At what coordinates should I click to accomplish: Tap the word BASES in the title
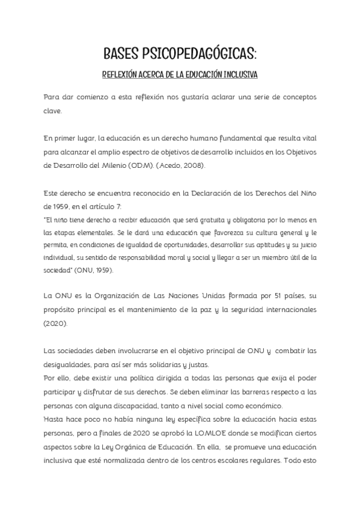point(120,56)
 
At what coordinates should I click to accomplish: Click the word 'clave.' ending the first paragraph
point(52,111)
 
